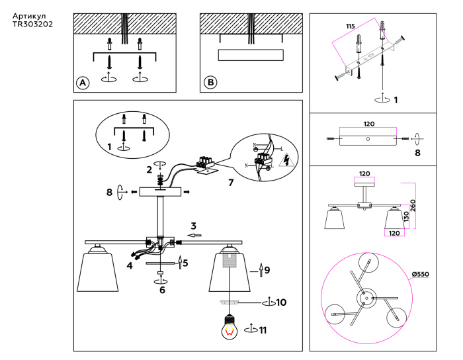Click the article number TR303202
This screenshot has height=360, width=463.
click(x=32, y=24)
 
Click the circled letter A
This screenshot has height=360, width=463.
click(x=82, y=83)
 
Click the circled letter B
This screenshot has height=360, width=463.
click(x=210, y=83)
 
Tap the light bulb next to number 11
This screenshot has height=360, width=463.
click(x=230, y=328)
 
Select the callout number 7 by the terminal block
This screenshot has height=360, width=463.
click(x=230, y=181)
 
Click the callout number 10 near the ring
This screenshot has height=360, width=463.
click(x=281, y=302)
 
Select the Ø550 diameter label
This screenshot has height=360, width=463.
click(x=421, y=273)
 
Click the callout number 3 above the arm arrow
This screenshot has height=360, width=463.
click(x=194, y=226)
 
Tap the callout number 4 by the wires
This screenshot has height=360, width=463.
click(x=130, y=265)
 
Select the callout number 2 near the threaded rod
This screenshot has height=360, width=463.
click(x=149, y=169)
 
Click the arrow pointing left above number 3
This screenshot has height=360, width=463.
click(x=194, y=235)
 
